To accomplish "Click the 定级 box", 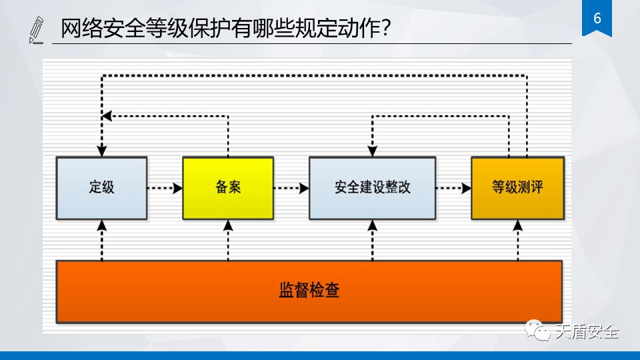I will tap(101, 187).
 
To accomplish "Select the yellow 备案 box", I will tap(228, 187).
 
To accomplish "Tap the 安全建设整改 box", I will tap(372, 187).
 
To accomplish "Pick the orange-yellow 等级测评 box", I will tap(517, 187).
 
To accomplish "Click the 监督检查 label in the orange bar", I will tap(309, 291).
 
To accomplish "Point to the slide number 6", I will tap(597, 18).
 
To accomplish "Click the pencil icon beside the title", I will tap(37, 31).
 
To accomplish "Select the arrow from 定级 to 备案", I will tap(165, 188).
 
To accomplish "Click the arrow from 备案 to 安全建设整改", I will tap(291, 188).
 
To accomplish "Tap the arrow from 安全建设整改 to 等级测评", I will tap(453, 188).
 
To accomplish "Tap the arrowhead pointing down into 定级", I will tap(101, 151).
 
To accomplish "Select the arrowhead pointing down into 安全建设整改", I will tap(372, 151).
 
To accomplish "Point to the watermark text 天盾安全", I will tap(587, 331).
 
